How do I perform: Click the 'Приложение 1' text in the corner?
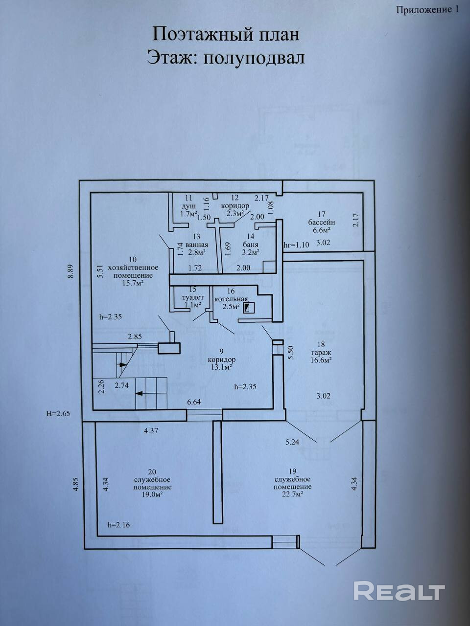point(428,10)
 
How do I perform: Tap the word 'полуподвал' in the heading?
point(254,58)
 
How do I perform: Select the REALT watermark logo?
point(399,591)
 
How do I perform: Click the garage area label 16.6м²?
point(321,360)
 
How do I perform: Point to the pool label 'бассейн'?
point(321,222)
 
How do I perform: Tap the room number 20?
point(152,472)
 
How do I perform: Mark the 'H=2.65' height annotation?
point(58,414)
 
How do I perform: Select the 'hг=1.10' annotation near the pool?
point(297,245)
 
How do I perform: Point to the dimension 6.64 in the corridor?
point(194,402)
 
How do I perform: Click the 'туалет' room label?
point(193,297)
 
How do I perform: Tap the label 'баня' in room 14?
point(251,245)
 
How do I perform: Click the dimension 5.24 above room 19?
point(292,442)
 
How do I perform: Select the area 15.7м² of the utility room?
point(133,283)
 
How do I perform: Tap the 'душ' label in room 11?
point(188,205)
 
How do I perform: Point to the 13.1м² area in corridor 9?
point(221,367)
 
